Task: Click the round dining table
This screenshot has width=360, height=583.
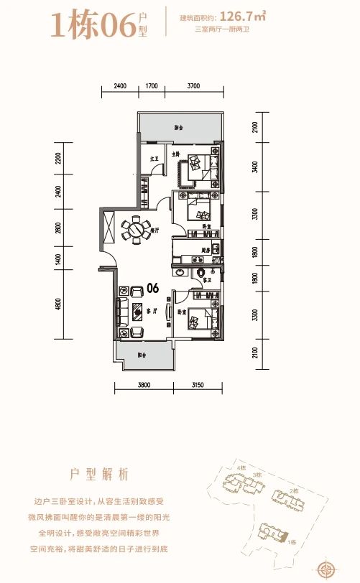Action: (134, 230)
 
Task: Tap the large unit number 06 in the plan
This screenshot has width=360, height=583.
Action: (152, 289)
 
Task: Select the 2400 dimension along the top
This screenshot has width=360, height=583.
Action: (120, 86)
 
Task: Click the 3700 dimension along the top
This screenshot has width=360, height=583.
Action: (193, 86)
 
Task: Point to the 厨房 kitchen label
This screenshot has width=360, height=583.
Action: (205, 250)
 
